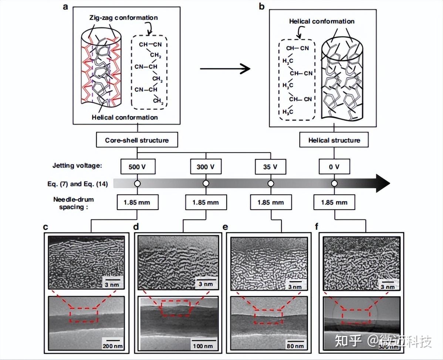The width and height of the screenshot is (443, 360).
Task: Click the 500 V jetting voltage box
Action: (138, 167)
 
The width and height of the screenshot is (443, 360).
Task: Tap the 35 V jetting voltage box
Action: (271, 167)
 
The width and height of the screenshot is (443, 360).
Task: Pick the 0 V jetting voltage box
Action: (334, 167)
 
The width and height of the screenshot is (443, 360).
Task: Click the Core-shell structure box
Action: (137, 140)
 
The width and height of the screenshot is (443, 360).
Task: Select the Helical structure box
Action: (334, 140)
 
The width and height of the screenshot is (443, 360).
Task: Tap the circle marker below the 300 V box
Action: (206, 184)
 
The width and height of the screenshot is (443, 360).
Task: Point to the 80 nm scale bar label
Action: (295, 346)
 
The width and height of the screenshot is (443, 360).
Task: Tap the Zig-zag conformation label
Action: (124, 18)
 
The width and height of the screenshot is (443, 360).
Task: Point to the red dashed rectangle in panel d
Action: (176, 308)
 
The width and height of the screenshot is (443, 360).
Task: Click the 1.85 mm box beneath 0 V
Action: (334, 202)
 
